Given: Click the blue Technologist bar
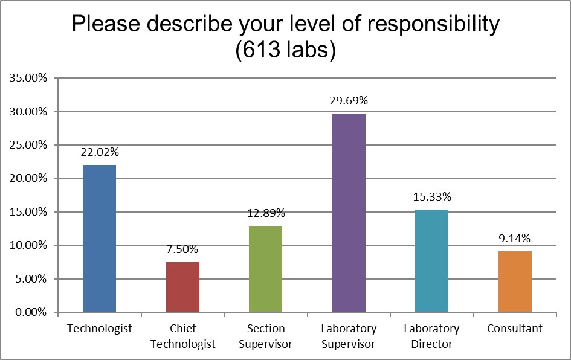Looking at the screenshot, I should pos(99,238).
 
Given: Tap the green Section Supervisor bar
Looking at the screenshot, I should pos(265,269).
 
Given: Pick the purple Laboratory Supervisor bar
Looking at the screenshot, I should pos(349,213).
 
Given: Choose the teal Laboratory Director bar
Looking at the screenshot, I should pos(432,260).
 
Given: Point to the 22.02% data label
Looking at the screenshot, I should pos(100,152).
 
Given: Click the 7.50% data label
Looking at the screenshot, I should pos(182,249).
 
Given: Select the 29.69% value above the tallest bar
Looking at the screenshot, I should pos(349,100).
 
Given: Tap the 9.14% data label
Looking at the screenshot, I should pos(515,238).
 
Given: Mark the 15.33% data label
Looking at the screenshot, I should pos(432,196).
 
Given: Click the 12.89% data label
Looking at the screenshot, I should pos(265,213).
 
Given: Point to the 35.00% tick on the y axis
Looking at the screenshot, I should pos(29,78).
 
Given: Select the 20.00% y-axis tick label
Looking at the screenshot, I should pos(29,178).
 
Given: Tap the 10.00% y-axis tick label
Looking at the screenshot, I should pos(29,245).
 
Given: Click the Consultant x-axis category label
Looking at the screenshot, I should pos(515,329).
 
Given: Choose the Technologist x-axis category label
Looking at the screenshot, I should pos(100,329).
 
